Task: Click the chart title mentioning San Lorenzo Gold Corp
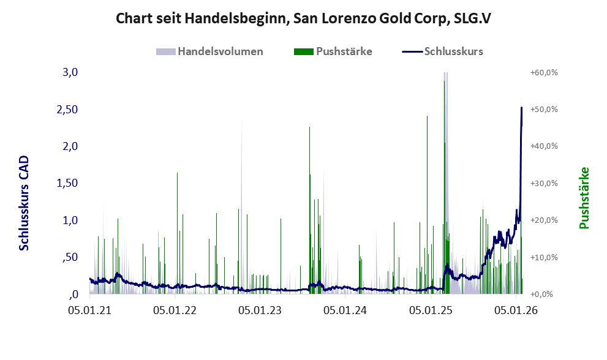click(x=303, y=18)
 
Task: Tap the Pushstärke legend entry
click(x=334, y=51)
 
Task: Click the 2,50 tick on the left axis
click(x=67, y=109)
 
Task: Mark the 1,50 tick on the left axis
click(x=67, y=183)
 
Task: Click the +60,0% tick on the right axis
click(x=543, y=72)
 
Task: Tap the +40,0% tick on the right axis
click(x=543, y=146)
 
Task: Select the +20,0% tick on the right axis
click(x=543, y=220)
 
